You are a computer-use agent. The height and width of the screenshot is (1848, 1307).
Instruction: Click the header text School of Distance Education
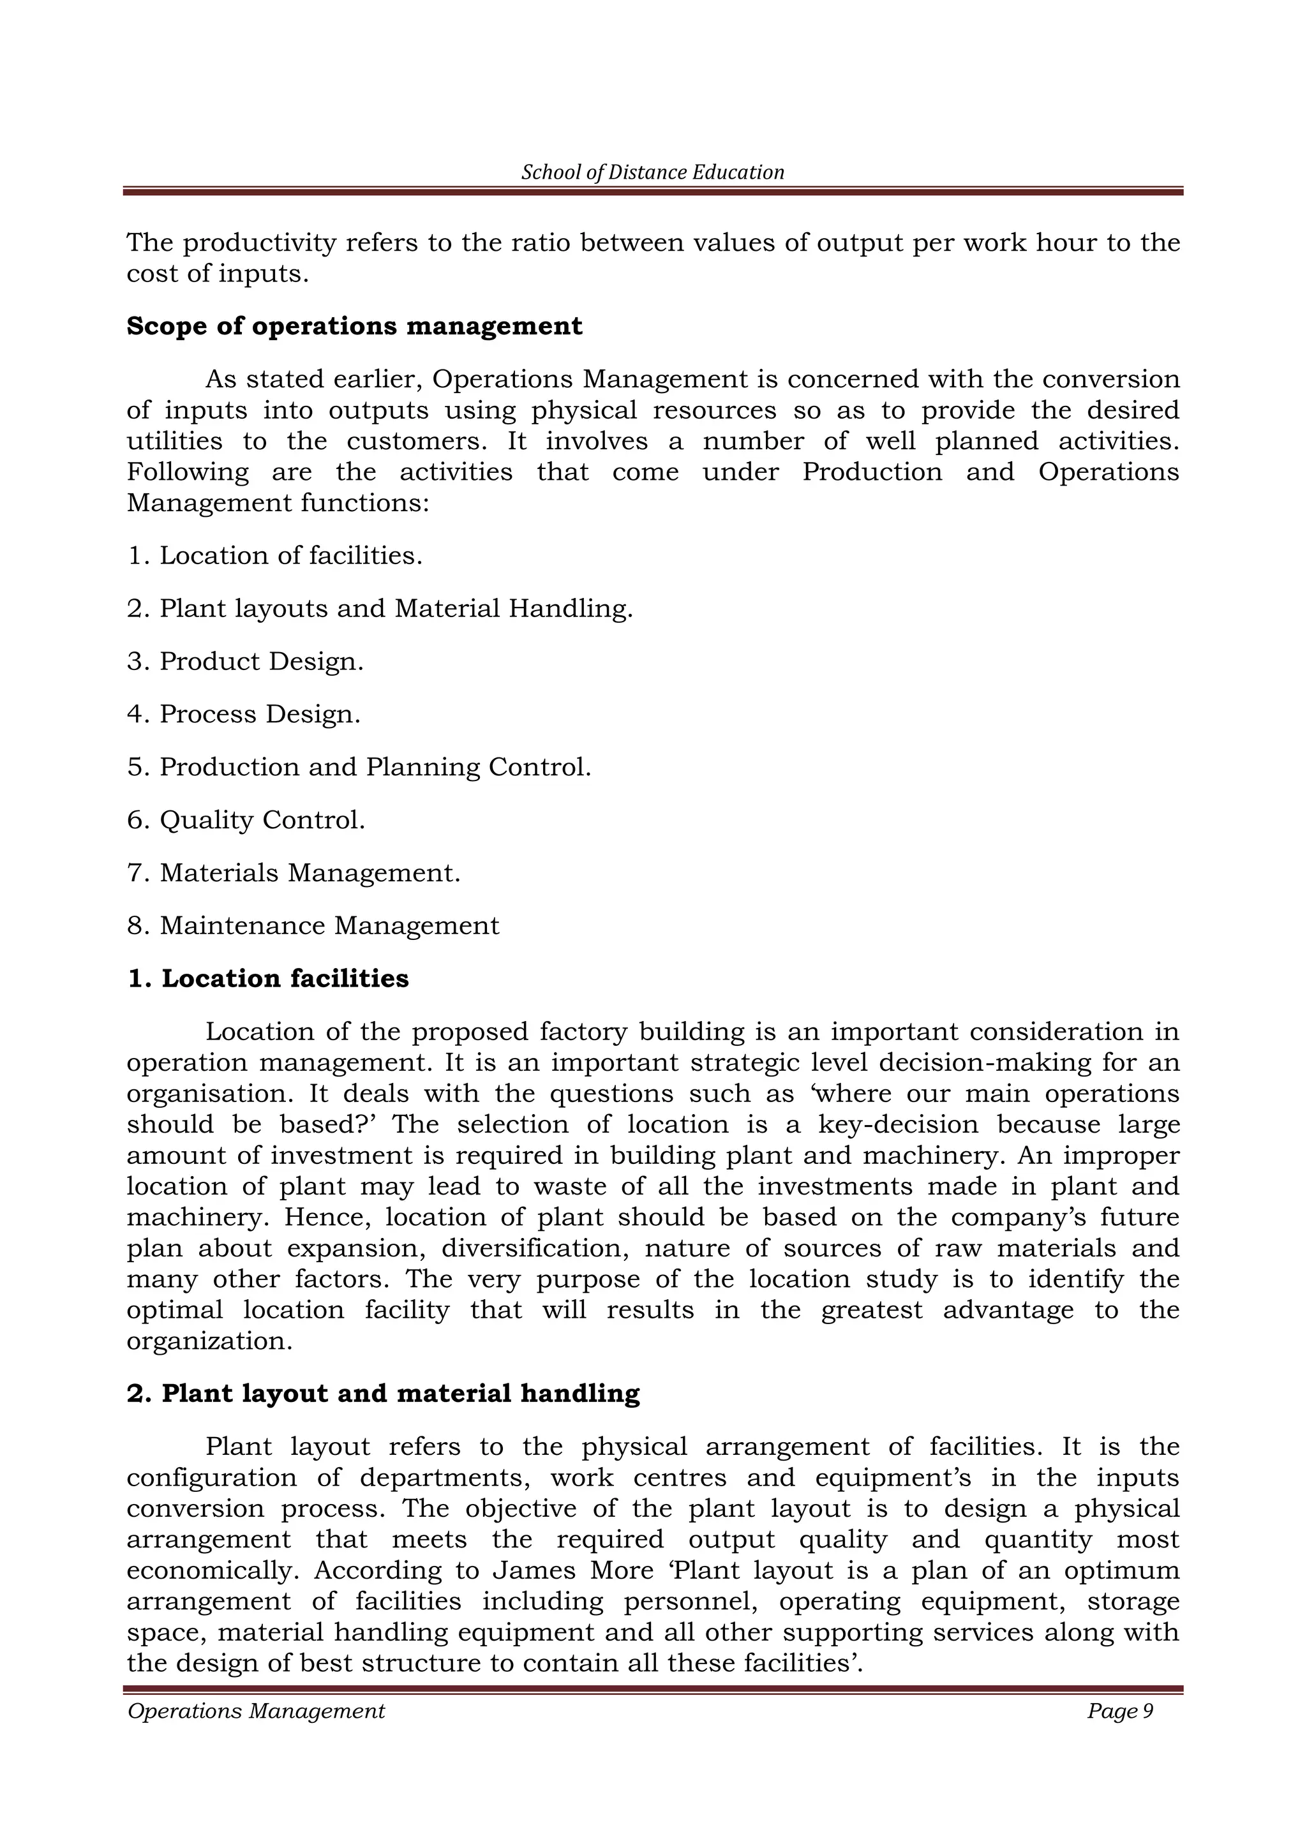coord(653,172)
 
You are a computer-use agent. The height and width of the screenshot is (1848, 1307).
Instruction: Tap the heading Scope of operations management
coord(354,326)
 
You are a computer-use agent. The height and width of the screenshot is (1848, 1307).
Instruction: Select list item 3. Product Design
coord(246,662)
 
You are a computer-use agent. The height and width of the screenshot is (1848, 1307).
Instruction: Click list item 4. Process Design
coord(244,714)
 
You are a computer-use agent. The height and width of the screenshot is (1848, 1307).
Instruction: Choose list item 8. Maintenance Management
coord(313,926)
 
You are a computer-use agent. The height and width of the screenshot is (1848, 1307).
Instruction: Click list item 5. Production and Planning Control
coord(359,767)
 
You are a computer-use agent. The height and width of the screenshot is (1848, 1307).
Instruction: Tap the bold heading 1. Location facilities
coord(268,979)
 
